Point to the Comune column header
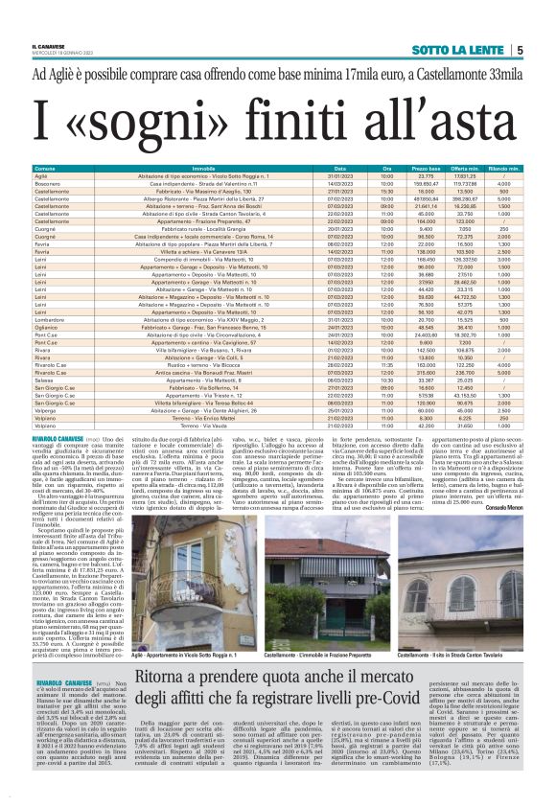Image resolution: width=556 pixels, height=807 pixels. point(44,168)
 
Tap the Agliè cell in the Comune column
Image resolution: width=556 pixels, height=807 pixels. point(41,176)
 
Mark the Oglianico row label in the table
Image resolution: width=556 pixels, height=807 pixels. point(47,326)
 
